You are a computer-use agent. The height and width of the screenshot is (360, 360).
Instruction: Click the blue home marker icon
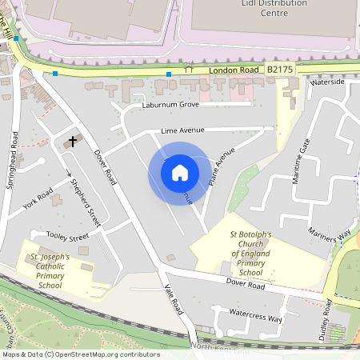[179, 172]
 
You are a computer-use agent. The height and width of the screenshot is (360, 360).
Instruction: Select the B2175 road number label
[280, 70]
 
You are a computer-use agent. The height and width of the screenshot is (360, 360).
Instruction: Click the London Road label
[234, 70]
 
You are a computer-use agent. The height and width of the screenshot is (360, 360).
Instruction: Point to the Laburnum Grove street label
[170, 105]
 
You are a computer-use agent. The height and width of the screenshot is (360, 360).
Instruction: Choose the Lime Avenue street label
[182, 130]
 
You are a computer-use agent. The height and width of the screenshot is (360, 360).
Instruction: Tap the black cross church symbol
[74, 141]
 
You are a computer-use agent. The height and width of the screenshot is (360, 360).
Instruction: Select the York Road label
[38, 198]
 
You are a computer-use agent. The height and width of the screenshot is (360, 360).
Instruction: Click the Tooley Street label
[67, 237]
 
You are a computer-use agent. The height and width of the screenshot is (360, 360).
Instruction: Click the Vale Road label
[174, 302]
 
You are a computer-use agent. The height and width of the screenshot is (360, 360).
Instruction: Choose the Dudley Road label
[325, 320]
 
